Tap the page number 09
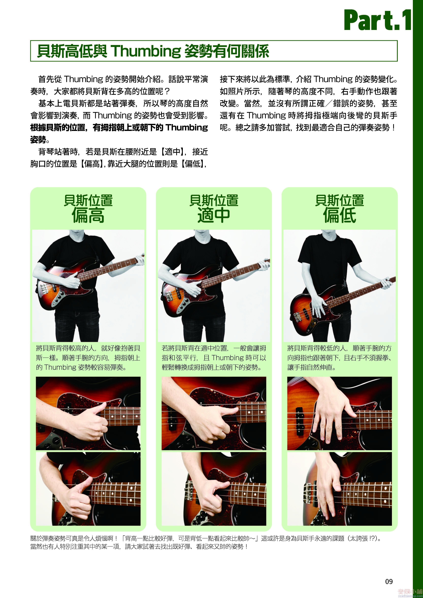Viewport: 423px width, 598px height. (x=389, y=582)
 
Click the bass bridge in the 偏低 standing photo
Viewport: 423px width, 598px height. (x=297, y=317)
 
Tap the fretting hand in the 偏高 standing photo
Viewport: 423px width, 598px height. (x=139, y=260)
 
